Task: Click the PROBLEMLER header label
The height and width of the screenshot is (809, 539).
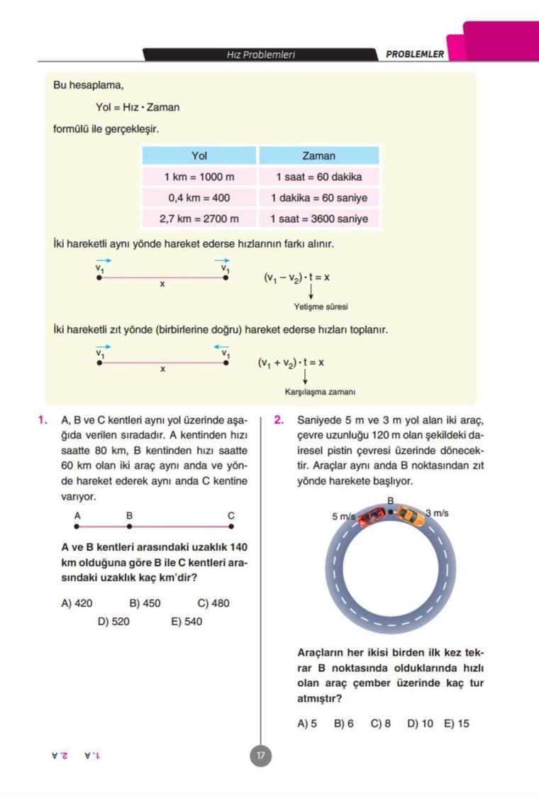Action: point(415,55)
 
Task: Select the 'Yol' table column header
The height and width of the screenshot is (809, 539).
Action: point(199,155)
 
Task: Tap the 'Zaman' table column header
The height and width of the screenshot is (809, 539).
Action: point(318,155)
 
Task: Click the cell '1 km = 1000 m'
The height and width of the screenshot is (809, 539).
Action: point(199,177)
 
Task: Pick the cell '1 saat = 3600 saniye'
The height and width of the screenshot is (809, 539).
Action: point(318,219)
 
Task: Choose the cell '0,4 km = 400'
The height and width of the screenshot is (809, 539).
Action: point(199,198)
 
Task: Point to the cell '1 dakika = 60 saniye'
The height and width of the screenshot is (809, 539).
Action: point(318,198)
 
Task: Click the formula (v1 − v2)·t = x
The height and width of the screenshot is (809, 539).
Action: point(296,277)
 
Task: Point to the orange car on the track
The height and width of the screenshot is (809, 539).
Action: point(410,517)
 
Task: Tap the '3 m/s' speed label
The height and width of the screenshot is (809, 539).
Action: point(437,512)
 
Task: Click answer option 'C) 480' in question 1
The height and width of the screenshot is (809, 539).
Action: point(213,603)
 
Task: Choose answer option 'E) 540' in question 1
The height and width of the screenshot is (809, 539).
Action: point(187,622)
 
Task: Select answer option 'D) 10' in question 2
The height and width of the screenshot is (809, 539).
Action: point(420,724)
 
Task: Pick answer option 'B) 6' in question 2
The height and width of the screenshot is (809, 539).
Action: point(344,724)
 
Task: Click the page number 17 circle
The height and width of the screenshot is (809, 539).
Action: point(260,756)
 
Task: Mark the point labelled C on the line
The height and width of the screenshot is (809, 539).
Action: point(231,527)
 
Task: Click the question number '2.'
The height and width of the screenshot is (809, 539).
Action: point(279,420)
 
